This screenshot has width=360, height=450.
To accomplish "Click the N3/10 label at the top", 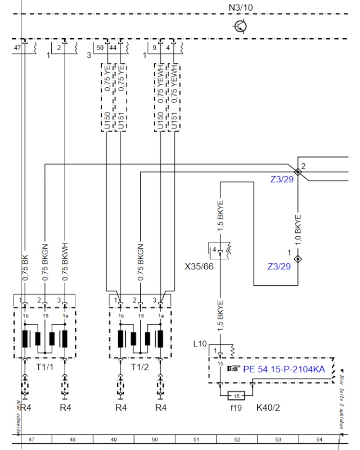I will click(x=240, y=8).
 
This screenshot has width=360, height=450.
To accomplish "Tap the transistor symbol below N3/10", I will click(x=241, y=26).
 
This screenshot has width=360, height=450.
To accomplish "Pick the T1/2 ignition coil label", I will click(x=140, y=367).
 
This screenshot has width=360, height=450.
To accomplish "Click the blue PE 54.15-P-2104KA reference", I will click(x=283, y=370).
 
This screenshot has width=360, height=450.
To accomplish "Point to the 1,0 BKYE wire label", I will click(x=298, y=231).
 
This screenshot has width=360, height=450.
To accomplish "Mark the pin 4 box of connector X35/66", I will click(x=214, y=249).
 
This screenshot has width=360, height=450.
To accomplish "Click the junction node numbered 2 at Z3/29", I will click(x=298, y=172).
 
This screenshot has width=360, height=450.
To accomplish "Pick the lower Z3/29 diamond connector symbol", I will click(x=299, y=259).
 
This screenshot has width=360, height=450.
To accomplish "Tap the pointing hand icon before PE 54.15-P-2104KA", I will click(x=233, y=370).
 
